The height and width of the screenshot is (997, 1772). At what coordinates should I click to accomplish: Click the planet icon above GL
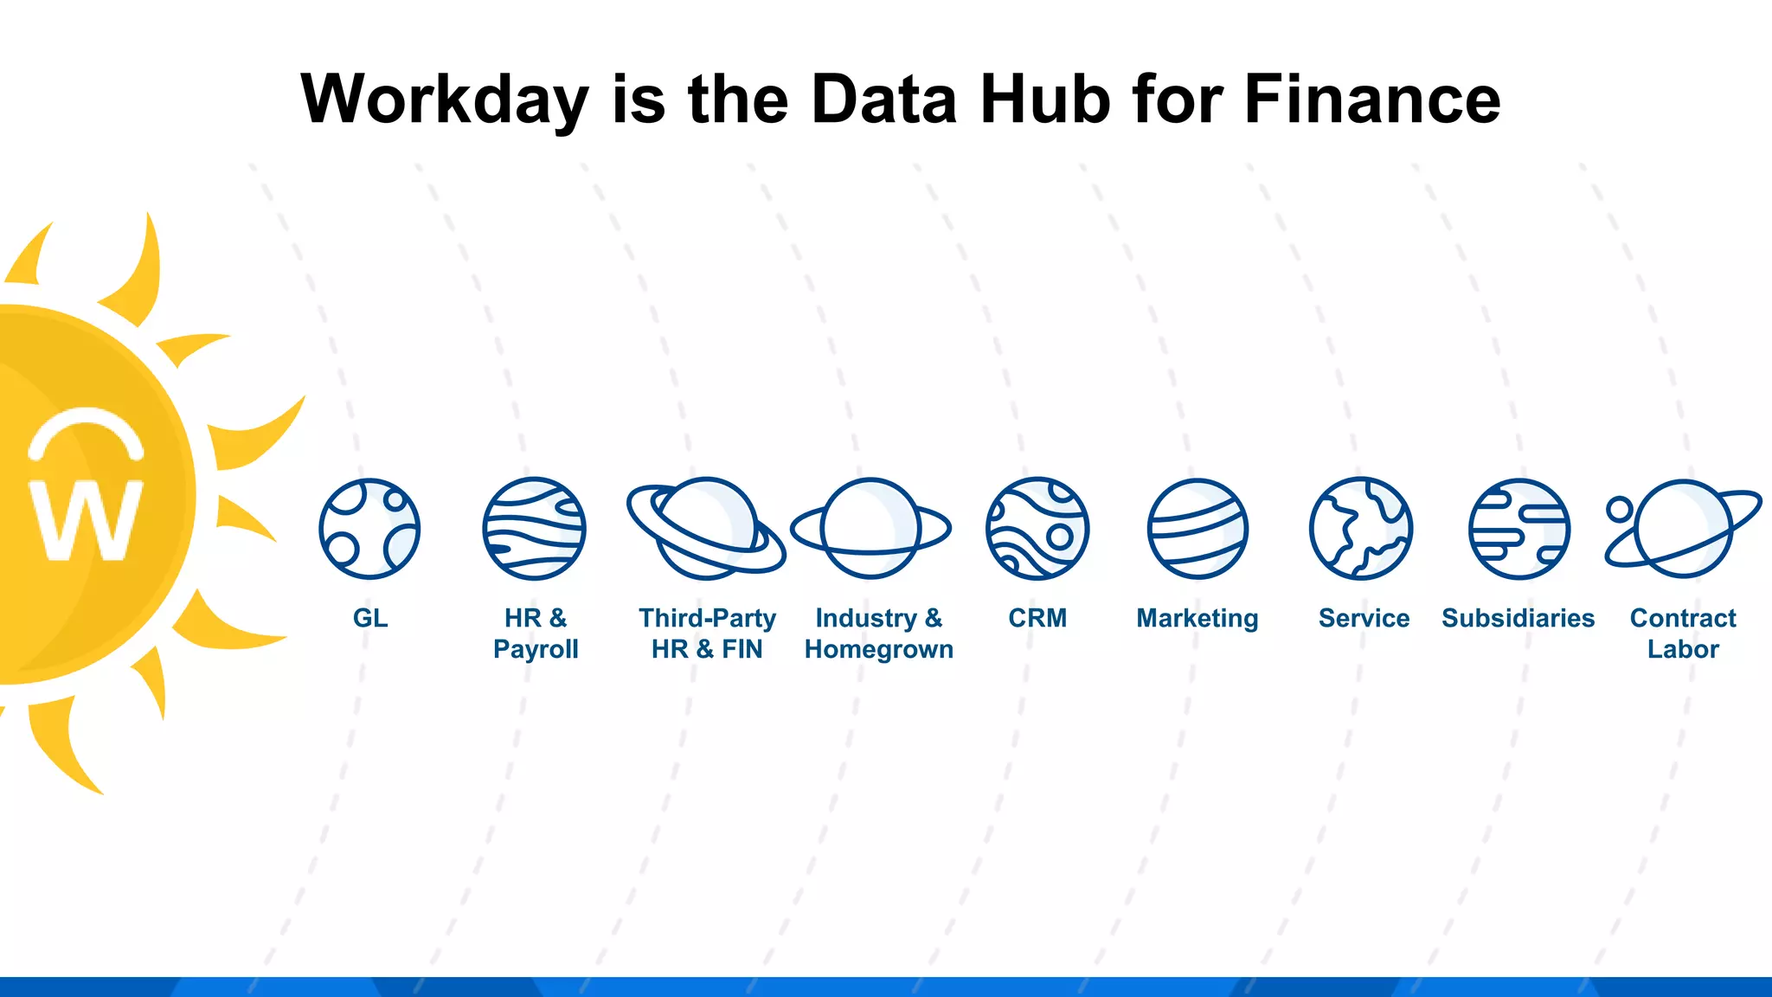[x=369, y=529]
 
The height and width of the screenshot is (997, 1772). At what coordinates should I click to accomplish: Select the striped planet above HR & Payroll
[x=535, y=529]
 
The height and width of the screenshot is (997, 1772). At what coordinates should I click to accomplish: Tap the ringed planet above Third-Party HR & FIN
[x=706, y=528]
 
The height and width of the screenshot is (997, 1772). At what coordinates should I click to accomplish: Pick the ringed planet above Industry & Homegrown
[x=870, y=528]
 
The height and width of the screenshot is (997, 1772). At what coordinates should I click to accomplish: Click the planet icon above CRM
[x=1037, y=529]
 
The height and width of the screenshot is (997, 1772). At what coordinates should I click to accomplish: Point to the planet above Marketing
[x=1197, y=529]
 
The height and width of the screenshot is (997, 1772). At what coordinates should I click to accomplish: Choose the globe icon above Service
[x=1361, y=529]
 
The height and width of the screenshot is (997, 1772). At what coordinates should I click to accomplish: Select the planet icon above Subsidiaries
[x=1519, y=529]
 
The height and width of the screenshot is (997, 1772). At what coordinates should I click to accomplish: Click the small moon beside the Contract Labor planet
[x=1620, y=509]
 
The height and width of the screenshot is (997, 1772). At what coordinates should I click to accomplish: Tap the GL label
[x=370, y=618]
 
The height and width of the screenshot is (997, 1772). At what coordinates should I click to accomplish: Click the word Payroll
[x=536, y=649]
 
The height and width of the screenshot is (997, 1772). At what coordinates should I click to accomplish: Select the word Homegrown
[x=879, y=649]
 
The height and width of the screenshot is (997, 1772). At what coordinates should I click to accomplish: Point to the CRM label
[x=1037, y=618]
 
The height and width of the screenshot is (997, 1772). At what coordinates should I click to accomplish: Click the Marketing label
[x=1197, y=618]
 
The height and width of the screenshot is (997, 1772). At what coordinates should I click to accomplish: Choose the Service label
[x=1364, y=618]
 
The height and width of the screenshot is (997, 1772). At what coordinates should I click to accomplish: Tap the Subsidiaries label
[x=1518, y=618]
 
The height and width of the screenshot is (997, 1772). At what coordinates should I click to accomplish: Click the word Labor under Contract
[x=1683, y=649]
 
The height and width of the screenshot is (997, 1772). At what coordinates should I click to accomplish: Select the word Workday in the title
[x=445, y=100]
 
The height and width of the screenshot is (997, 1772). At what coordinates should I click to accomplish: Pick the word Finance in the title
[x=1371, y=99]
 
